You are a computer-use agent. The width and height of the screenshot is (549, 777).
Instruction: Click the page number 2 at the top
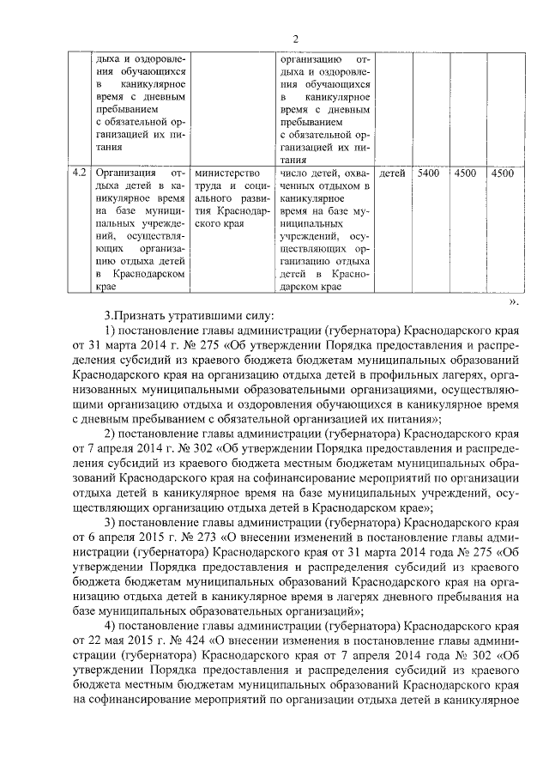pyautogui.click(x=295, y=39)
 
